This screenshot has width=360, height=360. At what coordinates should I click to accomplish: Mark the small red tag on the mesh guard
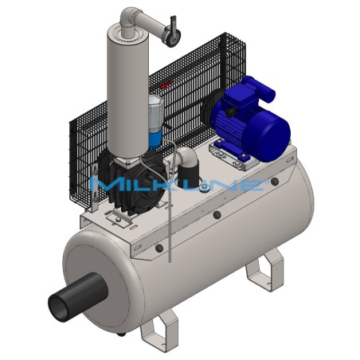pos(166,83)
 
